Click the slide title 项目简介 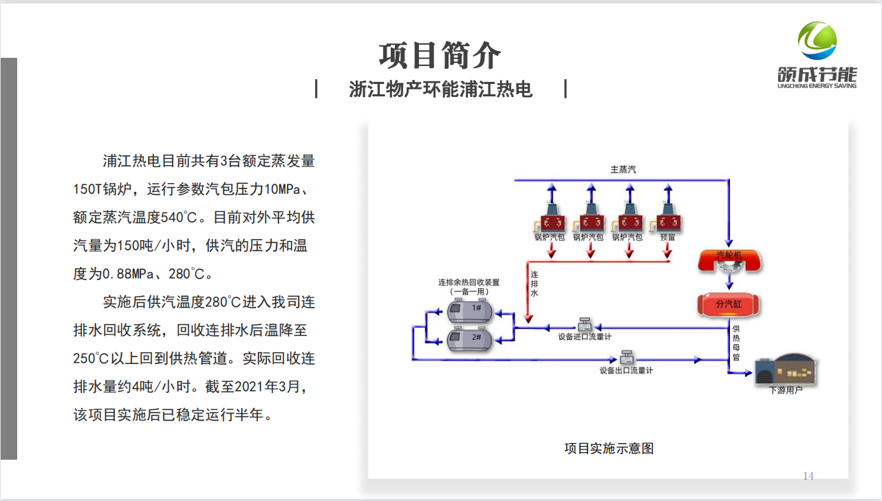coord(440,55)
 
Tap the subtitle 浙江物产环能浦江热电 coord(440,89)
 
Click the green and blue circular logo coord(817,41)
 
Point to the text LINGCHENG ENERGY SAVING coord(817,86)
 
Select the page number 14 coord(808,476)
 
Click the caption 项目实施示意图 coord(609,449)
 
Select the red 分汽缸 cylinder coord(729,303)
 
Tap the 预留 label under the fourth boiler coord(667,237)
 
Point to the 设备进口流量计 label coord(585,337)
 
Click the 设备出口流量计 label coord(626,371)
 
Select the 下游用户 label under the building coord(785,390)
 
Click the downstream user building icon coord(786,368)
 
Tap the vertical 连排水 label coord(535,284)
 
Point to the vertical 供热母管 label coord(736,343)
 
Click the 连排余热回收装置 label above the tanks coord(469,282)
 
